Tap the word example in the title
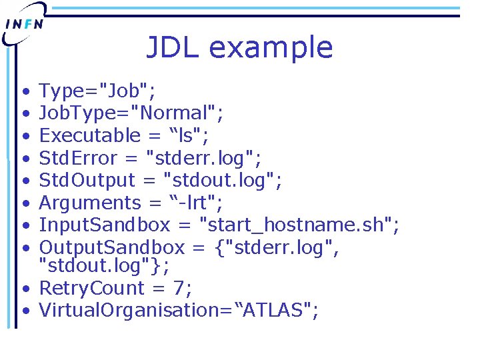pyautogui.click(x=270, y=48)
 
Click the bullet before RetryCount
pyautogui.click(x=24, y=289)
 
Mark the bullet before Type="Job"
pyautogui.click(x=24, y=91)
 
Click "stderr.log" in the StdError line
pyautogui.click(x=203, y=158)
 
